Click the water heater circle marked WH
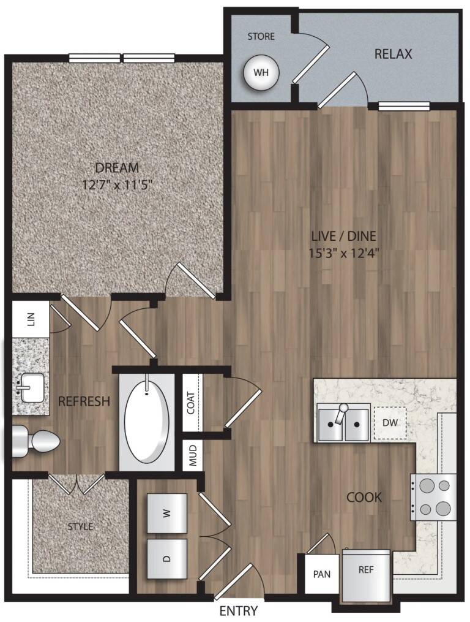(x=261, y=72)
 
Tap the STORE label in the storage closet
(x=261, y=37)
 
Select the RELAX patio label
(x=393, y=53)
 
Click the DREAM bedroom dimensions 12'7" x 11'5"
(x=117, y=185)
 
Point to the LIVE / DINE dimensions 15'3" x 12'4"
(x=344, y=252)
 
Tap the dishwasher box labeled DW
(x=390, y=423)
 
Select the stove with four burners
(x=433, y=497)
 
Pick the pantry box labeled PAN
(x=321, y=574)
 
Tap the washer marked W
(x=167, y=514)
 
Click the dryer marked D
(x=167, y=558)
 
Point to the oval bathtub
(x=147, y=422)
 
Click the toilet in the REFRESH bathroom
(x=35, y=441)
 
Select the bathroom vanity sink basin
(x=32, y=387)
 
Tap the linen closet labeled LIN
(x=31, y=319)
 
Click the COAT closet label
(x=191, y=403)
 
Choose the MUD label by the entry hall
(x=193, y=455)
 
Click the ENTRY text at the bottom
(x=239, y=610)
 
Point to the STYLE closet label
(x=80, y=526)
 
